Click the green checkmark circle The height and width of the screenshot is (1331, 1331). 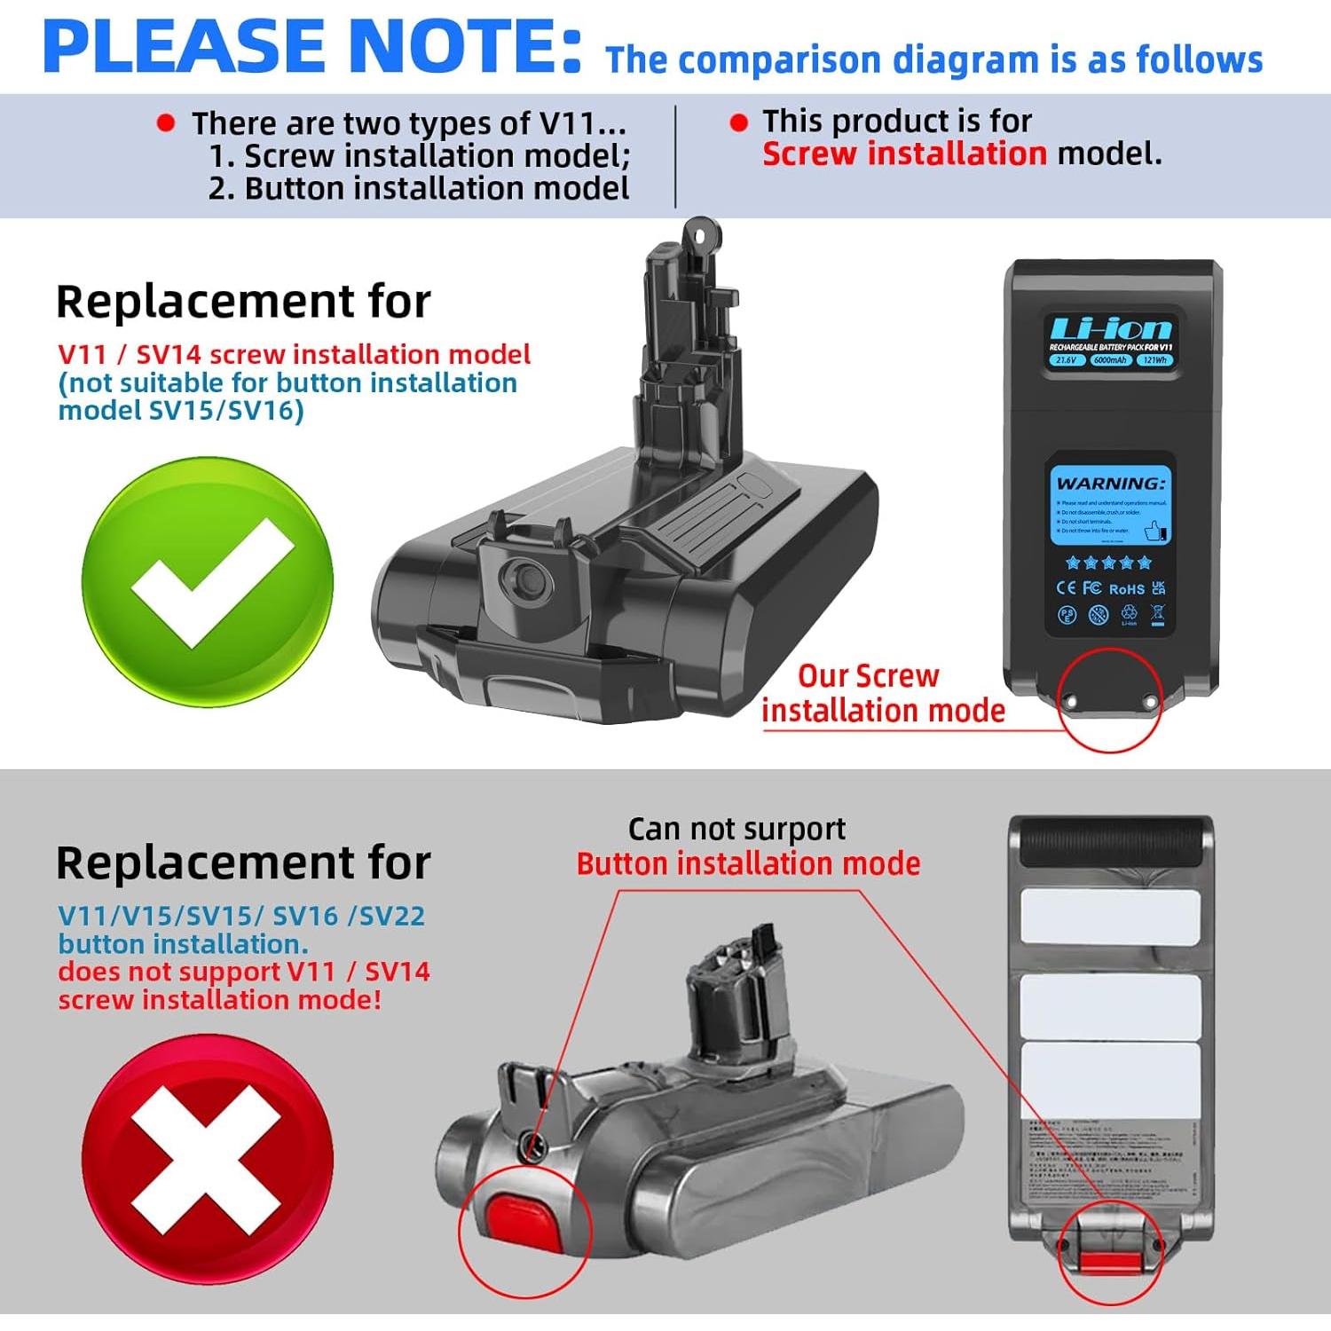[208, 581]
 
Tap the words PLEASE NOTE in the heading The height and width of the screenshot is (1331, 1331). [311, 46]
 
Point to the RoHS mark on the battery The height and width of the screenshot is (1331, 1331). [1126, 589]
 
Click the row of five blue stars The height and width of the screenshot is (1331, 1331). [1108, 563]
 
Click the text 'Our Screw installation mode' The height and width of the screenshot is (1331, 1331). [882, 693]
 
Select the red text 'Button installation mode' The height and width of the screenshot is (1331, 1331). [748, 863]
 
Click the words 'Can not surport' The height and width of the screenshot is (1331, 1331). [736, 829]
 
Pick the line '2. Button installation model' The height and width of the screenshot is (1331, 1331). [419, 188]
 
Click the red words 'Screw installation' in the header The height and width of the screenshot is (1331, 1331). [904, 154]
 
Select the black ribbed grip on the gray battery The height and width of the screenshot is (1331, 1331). [1111, 843]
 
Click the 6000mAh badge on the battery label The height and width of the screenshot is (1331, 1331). [1110, 360]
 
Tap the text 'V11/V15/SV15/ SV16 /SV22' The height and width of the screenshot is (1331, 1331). [241, 915]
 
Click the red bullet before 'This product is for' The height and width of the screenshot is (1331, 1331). [738, 122]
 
